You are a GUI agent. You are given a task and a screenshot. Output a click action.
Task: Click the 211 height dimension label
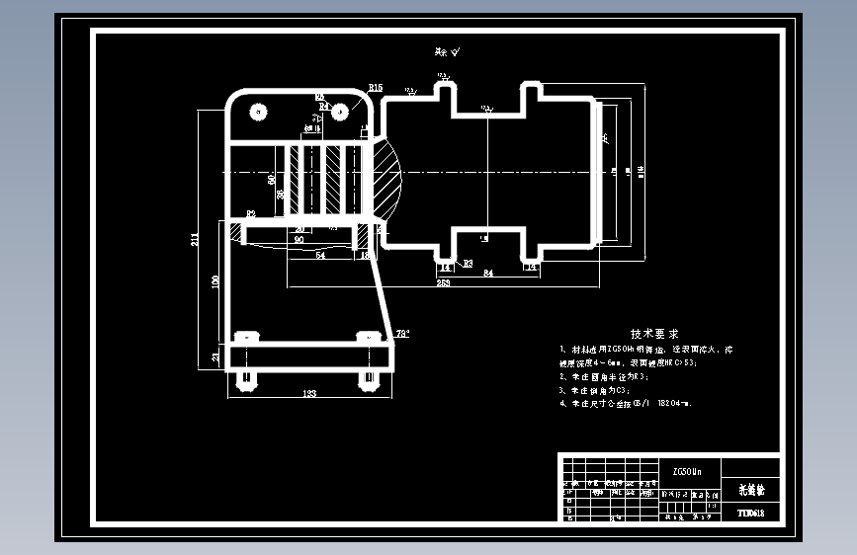(196, 238)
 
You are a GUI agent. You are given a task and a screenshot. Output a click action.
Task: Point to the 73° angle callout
(402, 334)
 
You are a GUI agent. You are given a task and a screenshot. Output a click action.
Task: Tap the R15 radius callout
(375, 89)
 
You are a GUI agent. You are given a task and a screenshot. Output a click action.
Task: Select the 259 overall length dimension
(443, 283)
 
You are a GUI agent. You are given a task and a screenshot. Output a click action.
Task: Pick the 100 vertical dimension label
(215, 281)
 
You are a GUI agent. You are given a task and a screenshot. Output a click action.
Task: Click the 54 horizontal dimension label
(319, 256)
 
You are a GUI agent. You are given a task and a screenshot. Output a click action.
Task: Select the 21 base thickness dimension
(216, 357)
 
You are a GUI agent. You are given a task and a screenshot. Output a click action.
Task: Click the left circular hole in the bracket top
(260, 111)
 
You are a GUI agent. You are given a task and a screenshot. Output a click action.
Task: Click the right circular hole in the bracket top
(339, 111)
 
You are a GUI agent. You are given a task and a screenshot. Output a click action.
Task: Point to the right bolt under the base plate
(369, 378)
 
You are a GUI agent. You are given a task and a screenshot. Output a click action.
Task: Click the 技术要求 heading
(655, 334)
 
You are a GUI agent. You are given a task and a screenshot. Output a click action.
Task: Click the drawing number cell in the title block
(751, 513)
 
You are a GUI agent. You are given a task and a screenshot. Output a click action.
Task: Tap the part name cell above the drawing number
(751, 489)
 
